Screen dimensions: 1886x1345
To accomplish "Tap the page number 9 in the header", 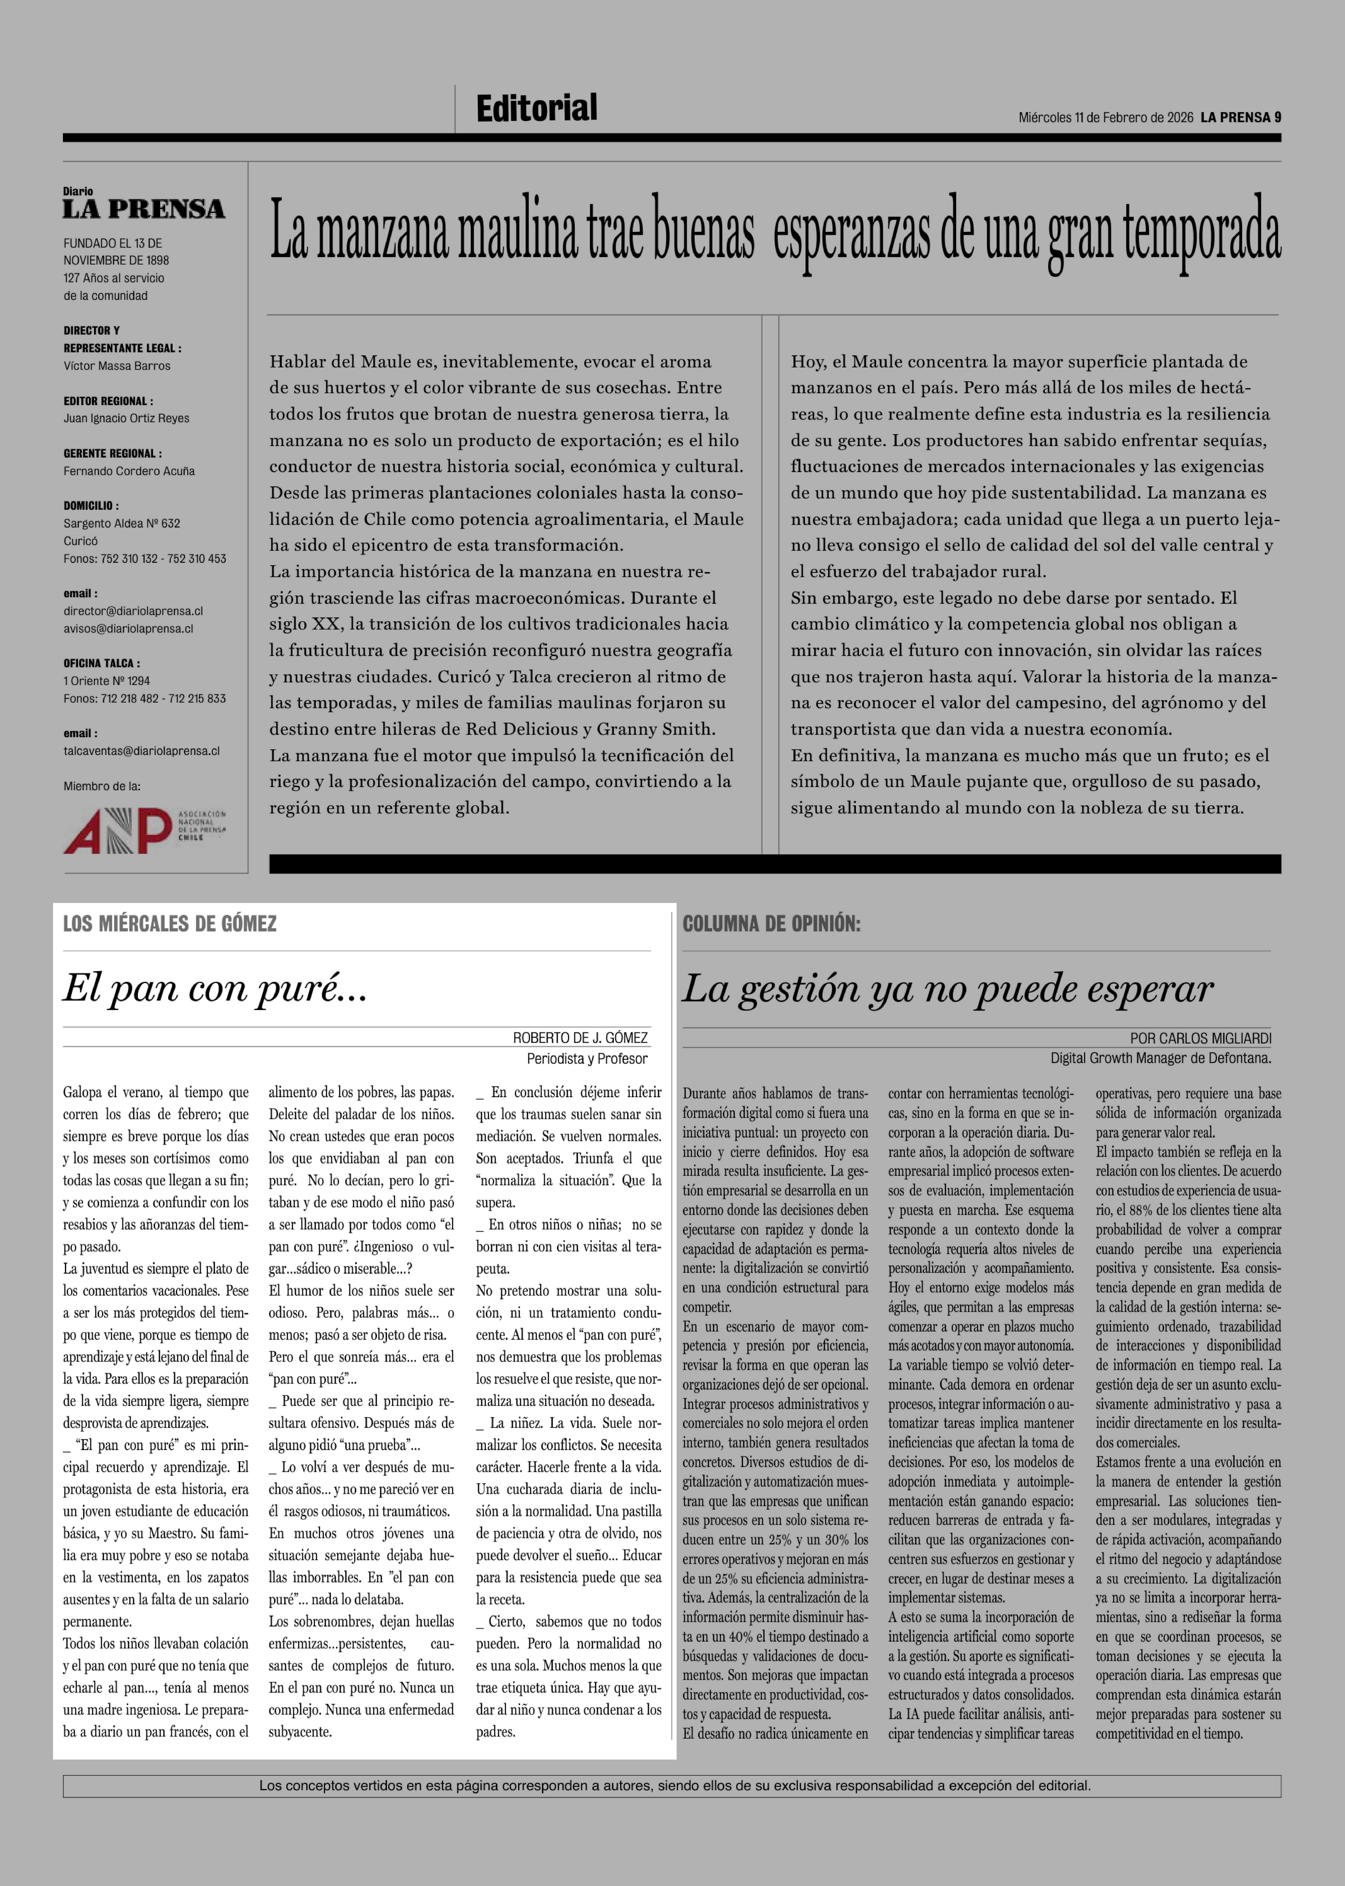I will click(x=1278, y=118).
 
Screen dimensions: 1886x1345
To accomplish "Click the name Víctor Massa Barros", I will click(x=117, y=366).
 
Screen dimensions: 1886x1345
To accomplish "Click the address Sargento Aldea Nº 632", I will click(x=122, y=523).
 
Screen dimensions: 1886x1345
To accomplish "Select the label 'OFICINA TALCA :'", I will click(x=102, y=663).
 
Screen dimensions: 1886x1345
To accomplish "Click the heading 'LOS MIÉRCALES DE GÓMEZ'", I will click(x=170, y=924).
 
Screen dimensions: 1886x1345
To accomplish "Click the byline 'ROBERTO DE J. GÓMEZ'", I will click(x=580, y=1038).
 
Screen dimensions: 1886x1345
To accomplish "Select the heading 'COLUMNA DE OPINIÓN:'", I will click(x=771, y=924).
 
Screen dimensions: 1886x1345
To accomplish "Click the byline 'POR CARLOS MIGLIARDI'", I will click(x=1200, y=1038).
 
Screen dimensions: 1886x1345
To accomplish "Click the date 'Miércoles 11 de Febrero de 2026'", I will click(x=1106, y=118).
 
